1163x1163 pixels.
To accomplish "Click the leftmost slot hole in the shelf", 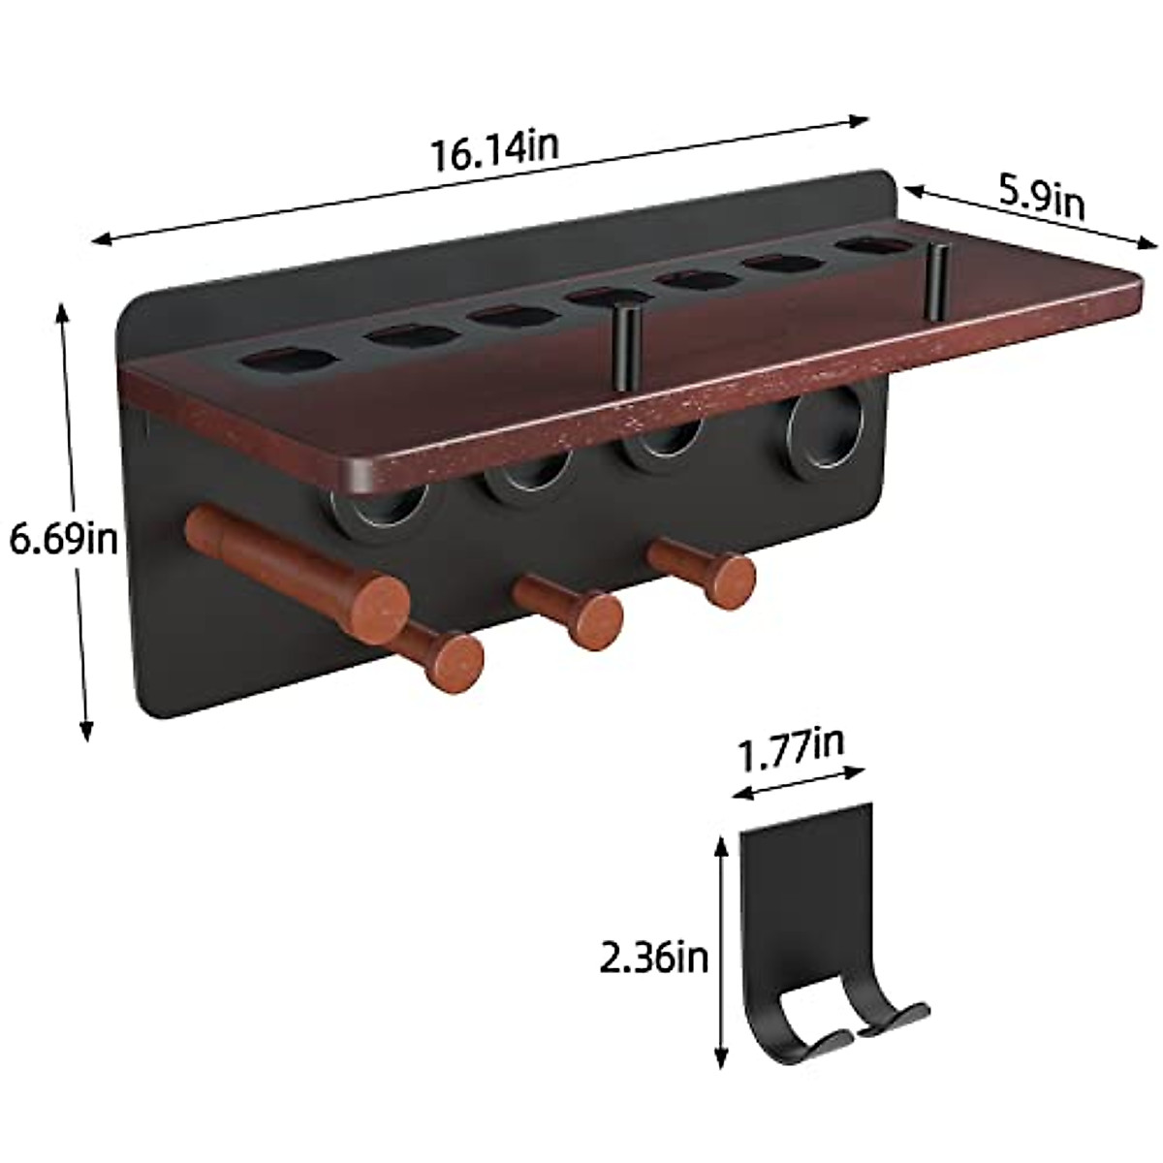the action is [289, 360].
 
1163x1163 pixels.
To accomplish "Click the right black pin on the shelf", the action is [936, 282].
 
